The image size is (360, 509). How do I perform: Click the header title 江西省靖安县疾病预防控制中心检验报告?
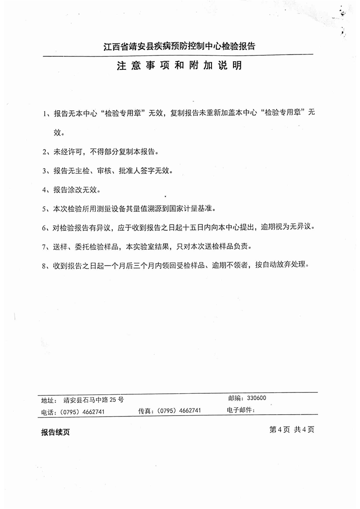[179, 46]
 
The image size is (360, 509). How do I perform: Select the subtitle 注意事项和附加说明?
[179, 66]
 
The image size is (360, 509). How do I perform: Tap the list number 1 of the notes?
[45, 113]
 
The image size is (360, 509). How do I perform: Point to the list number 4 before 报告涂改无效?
[45, 190]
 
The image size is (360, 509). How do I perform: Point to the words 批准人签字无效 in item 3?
[147, 171]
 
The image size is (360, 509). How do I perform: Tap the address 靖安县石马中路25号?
[94, 400]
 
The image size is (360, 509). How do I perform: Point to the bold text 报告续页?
[55, 432]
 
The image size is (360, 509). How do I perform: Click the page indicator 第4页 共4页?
[291, 430]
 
